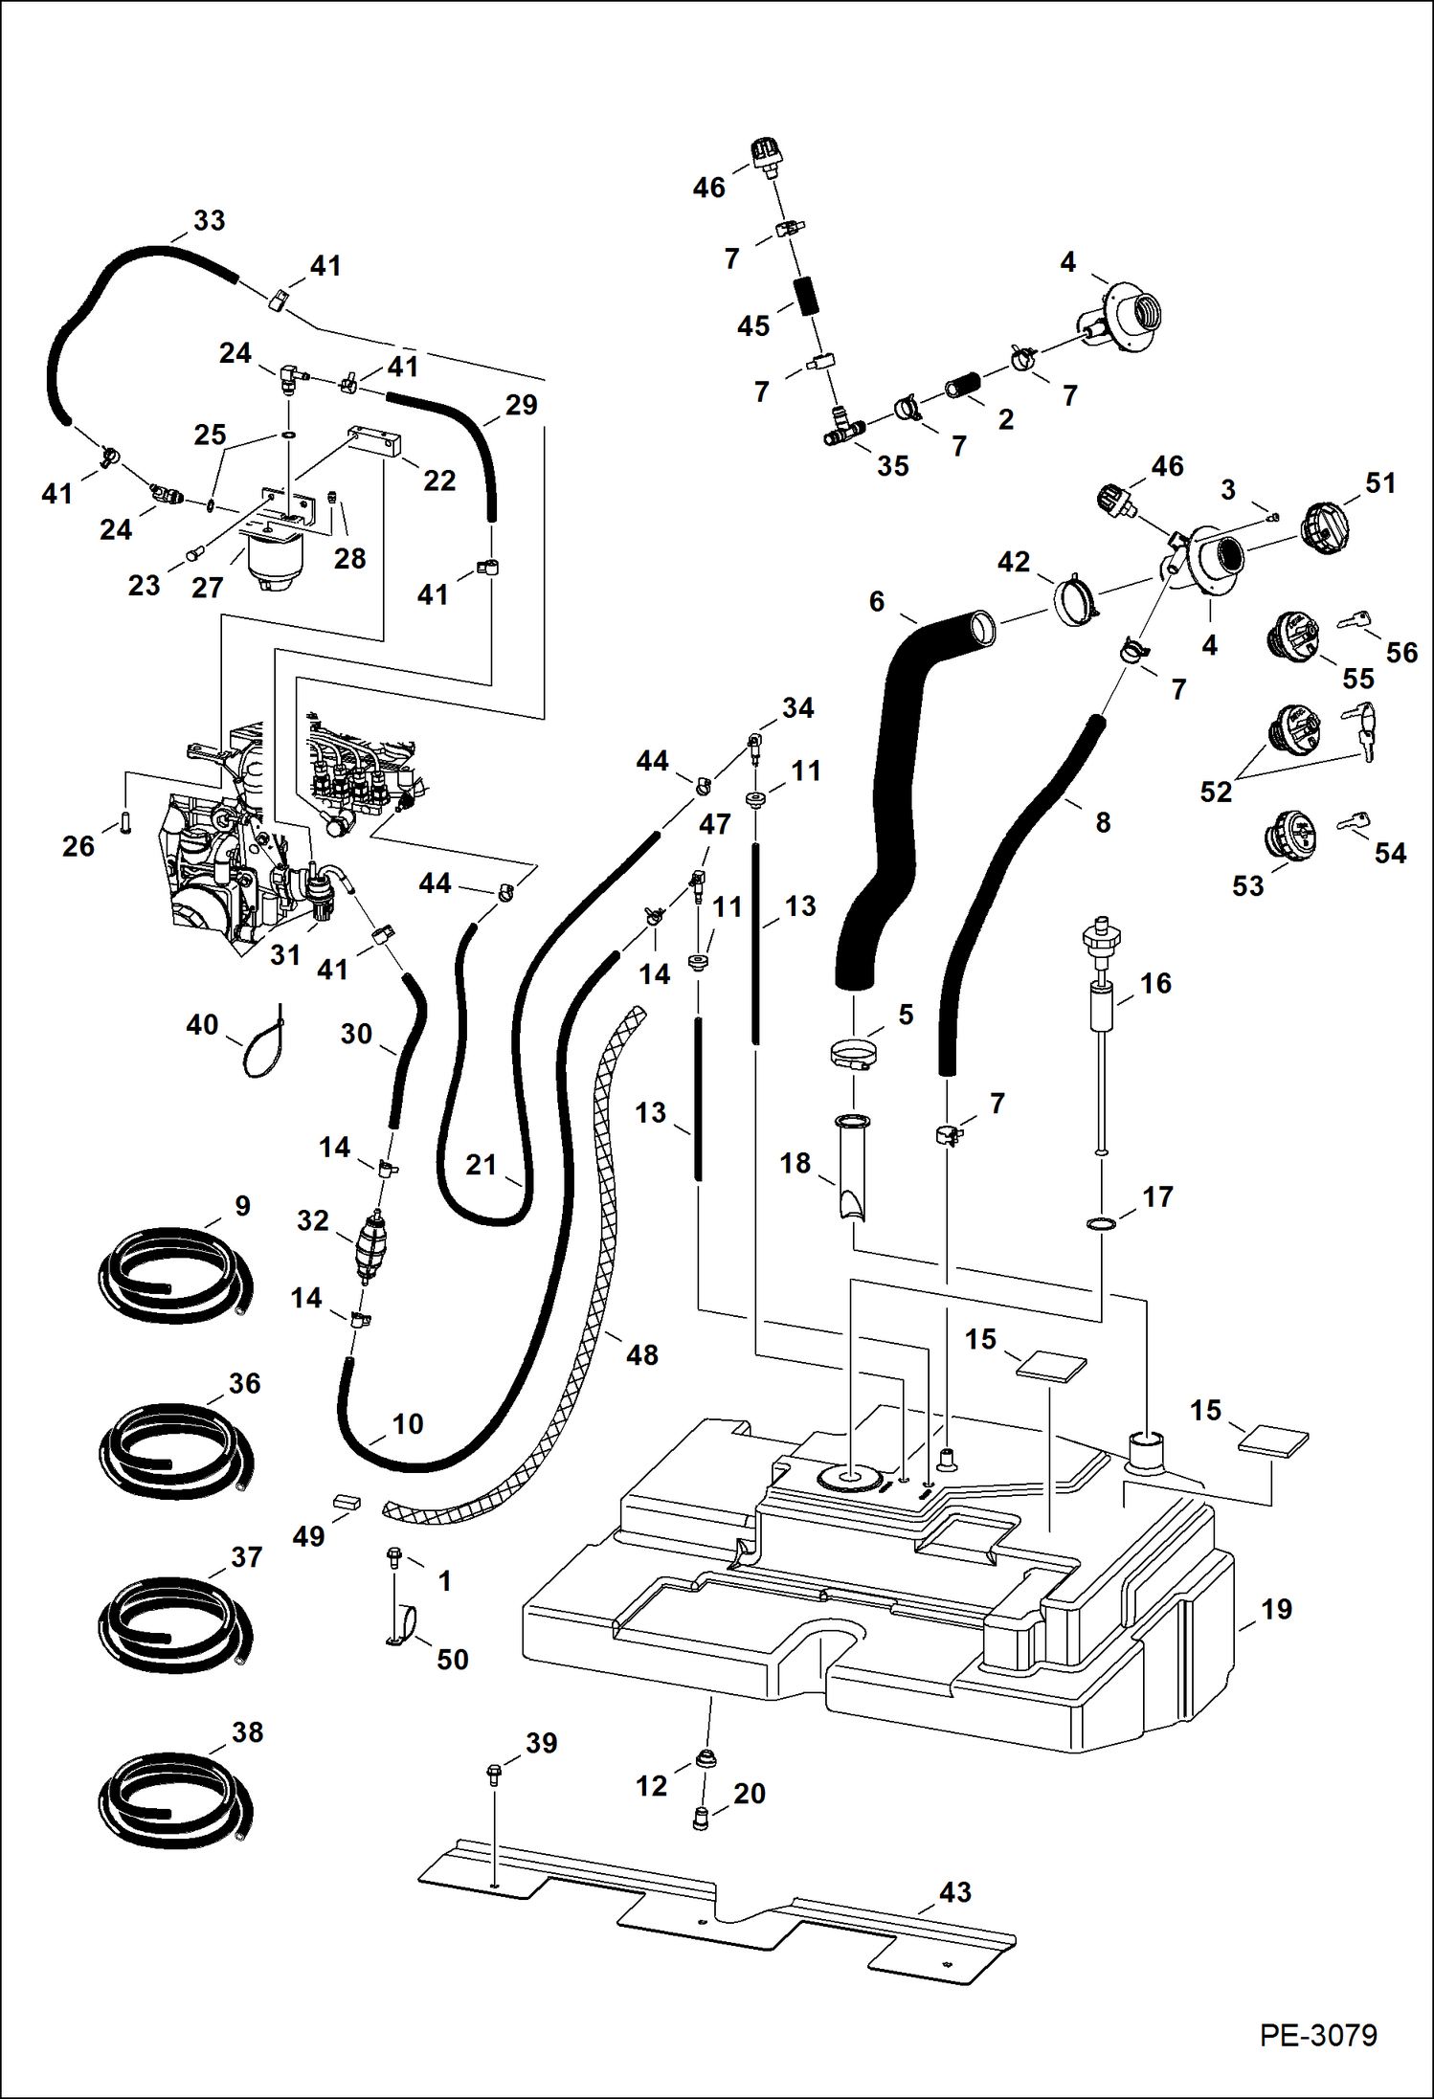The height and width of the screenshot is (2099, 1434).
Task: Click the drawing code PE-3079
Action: (1317, 2034)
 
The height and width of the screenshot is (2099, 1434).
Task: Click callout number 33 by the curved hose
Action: (209, 220)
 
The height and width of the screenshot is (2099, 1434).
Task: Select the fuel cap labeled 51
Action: (1325, 527)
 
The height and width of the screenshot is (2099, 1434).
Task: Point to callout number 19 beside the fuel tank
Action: (1276, 1609)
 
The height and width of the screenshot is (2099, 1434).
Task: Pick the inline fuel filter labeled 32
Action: (370, 1247)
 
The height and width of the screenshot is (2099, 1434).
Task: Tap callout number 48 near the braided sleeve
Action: (641, 1354)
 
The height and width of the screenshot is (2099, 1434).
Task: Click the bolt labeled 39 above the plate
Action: (494, 1774)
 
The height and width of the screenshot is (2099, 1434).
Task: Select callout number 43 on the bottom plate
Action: (954, 1891)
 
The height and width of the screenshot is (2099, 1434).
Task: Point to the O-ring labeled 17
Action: (1101, 1224)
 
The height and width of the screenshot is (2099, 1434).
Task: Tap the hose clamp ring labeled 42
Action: (1076, 601)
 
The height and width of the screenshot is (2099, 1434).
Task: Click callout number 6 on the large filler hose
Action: (876, 601)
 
